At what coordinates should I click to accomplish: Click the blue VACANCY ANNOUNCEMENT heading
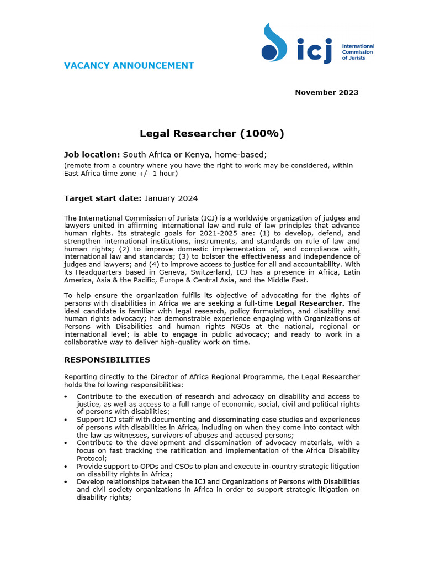click(129, 66)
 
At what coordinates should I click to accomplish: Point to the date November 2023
click(326, 92)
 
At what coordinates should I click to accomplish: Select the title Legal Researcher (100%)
click(211, 133)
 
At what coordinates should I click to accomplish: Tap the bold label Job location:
click(92, 154)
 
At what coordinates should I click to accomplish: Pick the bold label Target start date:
click(103, 198)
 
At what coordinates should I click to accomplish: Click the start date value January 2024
click(171, 198)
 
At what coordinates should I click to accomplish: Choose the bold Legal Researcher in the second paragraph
click(309, 303)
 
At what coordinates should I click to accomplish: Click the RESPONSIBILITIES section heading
click(107, 360)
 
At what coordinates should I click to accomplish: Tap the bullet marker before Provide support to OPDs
click(66, 467)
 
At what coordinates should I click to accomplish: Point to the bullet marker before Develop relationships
click(66, 482)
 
